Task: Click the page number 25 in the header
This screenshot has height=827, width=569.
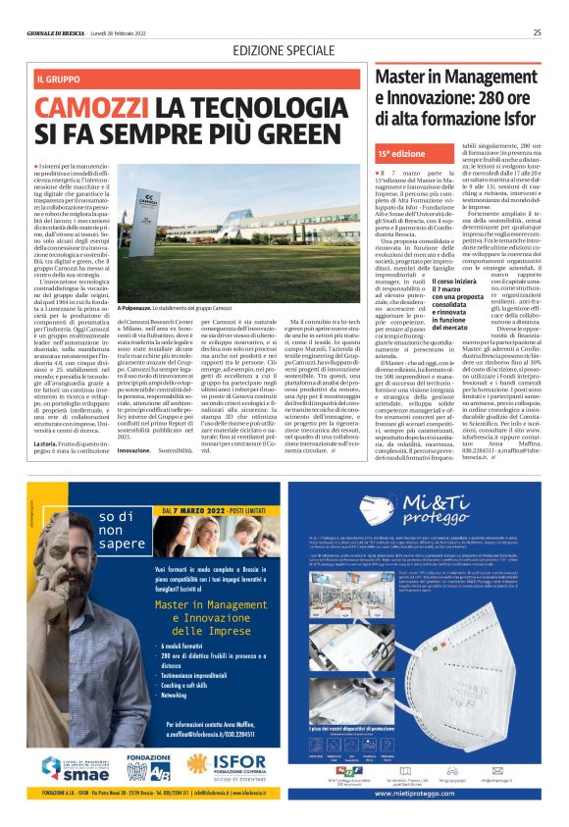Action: click(537, 31)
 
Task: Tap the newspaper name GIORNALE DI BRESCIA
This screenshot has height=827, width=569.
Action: click(60, 32)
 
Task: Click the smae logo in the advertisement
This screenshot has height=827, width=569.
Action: click(73, 759)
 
